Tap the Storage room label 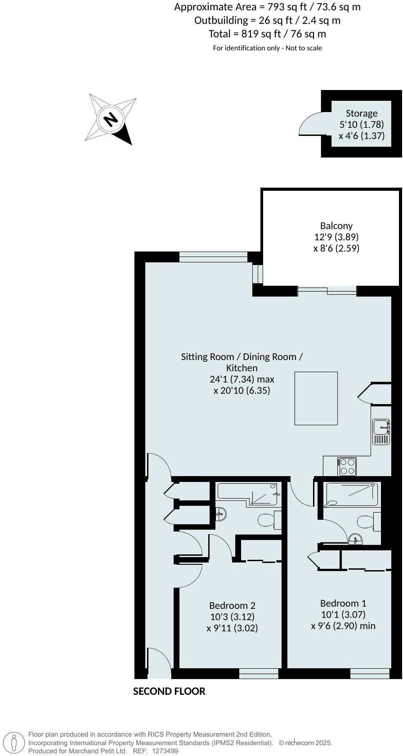362,113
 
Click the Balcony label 336,226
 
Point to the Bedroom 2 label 232,605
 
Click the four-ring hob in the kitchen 347,466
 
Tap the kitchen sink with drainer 381,432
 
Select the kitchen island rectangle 316,398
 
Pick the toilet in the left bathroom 269,520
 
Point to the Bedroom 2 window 259,674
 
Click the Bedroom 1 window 370,674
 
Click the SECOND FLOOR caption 169,692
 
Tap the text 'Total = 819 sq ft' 267,34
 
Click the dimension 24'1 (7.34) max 242,379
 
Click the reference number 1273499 165,751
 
